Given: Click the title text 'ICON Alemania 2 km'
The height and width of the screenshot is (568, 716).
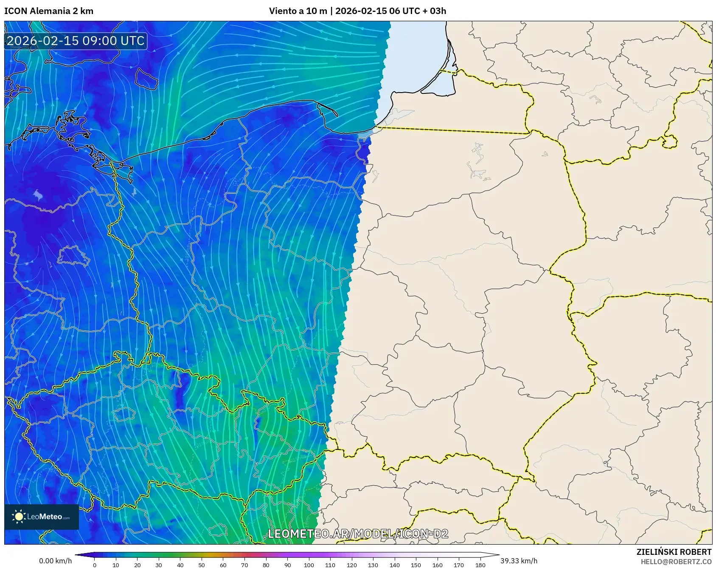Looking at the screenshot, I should point(49,11).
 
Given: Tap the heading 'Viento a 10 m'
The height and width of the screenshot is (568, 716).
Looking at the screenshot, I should point(298,11).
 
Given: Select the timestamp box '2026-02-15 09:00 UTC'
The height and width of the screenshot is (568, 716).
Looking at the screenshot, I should point(76,41).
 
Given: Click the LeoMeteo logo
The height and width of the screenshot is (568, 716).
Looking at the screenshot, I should point(42,517).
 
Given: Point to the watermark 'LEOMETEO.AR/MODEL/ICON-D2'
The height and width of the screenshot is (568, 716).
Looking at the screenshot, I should point(358,534).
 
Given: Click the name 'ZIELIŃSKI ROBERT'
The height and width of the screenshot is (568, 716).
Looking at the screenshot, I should point(674,552).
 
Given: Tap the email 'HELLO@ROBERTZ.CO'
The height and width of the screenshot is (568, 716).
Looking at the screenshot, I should point(676,562).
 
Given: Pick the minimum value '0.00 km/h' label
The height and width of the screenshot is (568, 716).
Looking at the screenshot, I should point(55,561).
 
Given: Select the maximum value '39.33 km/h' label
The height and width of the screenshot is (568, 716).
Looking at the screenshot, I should point(519,561).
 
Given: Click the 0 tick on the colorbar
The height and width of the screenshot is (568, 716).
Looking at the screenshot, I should point(95,565).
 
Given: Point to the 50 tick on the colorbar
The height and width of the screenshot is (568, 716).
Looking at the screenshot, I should point(202,565).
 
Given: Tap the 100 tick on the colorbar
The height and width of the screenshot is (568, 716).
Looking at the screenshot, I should point(309,565).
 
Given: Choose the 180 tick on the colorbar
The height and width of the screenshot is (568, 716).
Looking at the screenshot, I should point(480,565).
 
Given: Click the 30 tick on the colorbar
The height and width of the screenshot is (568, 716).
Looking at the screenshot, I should point(159,565).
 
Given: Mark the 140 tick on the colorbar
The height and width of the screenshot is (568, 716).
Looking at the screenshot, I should point(394,565).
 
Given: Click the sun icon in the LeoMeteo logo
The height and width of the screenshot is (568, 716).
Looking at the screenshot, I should point(19,517).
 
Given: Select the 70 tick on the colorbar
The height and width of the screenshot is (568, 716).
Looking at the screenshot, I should point(244,565).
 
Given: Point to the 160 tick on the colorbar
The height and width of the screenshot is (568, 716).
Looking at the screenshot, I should point(437,565).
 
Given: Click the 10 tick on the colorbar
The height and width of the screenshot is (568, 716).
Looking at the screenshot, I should point(116,565).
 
